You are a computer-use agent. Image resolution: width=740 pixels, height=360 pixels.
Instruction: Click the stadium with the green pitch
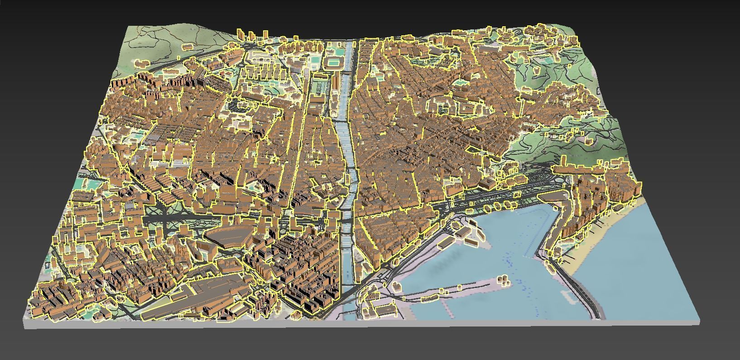333,62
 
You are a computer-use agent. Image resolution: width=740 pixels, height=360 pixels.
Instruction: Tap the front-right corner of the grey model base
699,319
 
